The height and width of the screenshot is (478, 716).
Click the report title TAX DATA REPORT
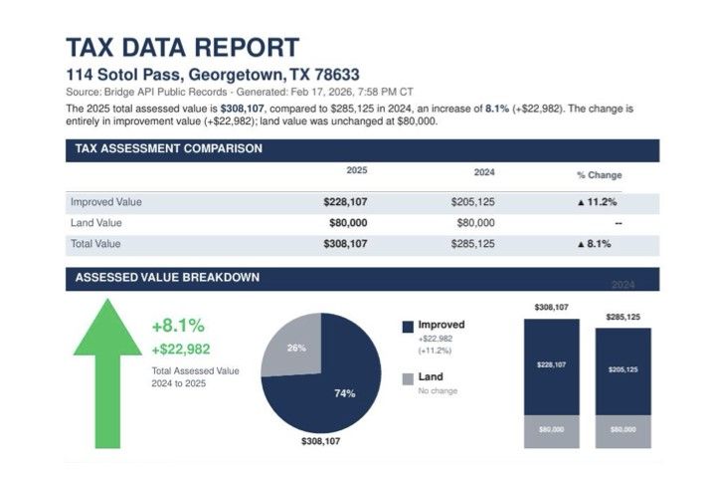point(182,47)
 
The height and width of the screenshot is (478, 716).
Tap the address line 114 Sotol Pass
point(212,75)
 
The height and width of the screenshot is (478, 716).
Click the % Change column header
point(599,174)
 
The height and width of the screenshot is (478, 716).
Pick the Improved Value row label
point(106,202)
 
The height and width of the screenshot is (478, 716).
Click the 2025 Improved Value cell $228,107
point(345,202)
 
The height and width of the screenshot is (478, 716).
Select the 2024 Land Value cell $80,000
point(473,222)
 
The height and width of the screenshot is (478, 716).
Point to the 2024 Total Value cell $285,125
point(472,243)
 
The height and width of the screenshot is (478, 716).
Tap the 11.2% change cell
point(594,202)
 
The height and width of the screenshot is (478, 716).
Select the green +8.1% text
point(178,326)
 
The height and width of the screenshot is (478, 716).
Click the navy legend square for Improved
point(408,326)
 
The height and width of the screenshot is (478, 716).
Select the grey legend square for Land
point(408,378)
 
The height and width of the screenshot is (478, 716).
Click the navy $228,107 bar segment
point(552,365)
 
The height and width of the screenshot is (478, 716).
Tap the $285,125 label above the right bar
point(623,318)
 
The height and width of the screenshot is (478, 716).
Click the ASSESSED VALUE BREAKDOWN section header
point(168,277)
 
